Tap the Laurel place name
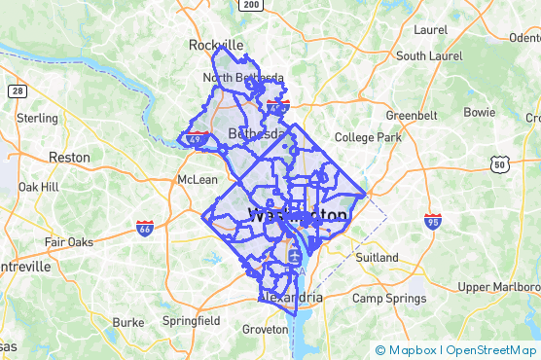click(429, 30)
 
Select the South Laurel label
click(429, 56)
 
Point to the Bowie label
click(480, 113)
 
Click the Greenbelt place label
click(412, 115)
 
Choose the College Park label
click(369, 138)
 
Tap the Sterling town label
click(38, 118)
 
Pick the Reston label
click(69, 157)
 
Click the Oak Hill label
click(38, 187)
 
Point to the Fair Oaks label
click(68, 242)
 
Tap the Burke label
click(127, 322)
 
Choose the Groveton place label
click(266, 330)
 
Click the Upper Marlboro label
click(499, 287)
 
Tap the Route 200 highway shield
click(252, 5)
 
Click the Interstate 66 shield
click(145, 228)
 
